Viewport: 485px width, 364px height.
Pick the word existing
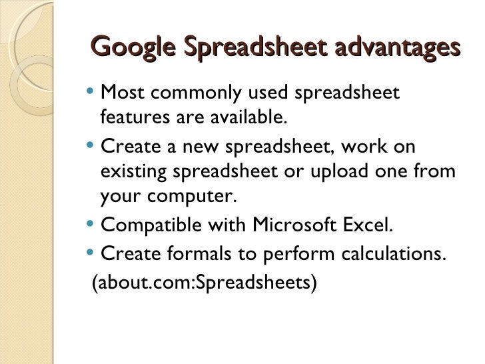[133, 172]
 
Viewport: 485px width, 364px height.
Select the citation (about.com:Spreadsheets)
[204, 283]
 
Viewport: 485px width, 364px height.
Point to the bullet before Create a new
[91, 145]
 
